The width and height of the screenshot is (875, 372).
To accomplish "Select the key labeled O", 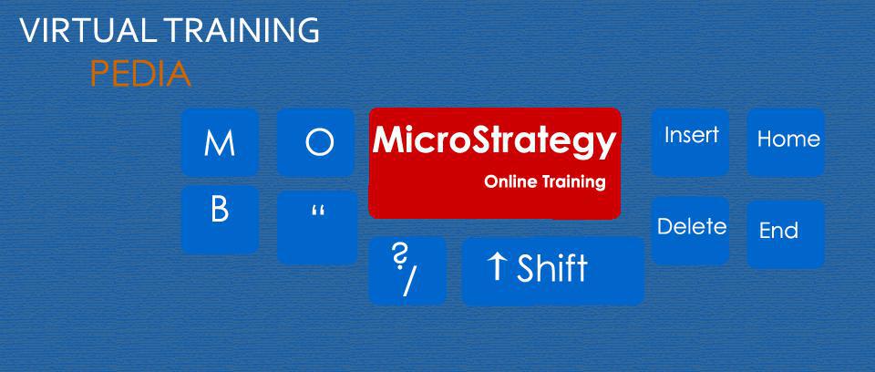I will [x=315, y=142].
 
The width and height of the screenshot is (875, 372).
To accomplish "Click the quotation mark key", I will [x=317, y=227].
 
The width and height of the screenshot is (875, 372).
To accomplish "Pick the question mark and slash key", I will [x=407, y=270].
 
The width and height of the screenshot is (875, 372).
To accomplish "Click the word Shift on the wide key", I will [x=551, y=269].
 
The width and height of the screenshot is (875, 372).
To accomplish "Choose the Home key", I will [x=787, y=141].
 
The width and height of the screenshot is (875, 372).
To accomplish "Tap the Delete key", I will [x=691, y=229].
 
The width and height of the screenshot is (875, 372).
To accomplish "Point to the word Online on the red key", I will [x=511, y=181].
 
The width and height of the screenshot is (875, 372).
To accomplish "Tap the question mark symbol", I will [x=399, y=257].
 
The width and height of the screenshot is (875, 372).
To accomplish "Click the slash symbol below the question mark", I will [x=408, y=282].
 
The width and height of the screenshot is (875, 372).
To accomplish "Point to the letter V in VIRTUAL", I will [x=30, y=31].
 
